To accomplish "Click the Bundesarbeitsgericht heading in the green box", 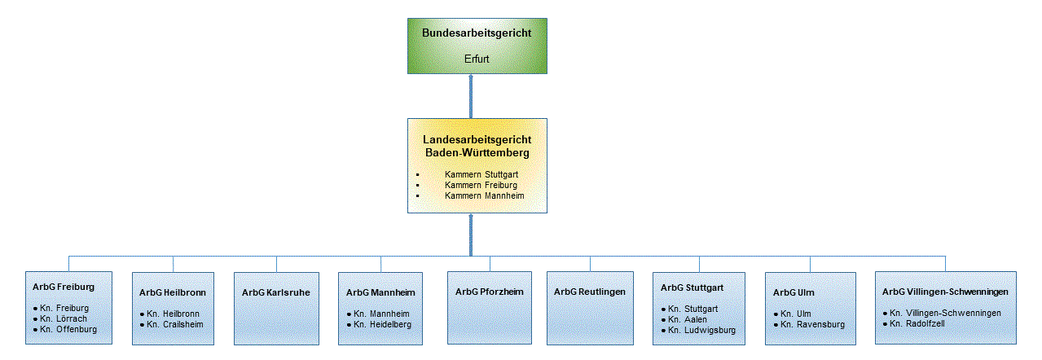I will point(477,33).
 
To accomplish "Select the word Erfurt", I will point(477,59).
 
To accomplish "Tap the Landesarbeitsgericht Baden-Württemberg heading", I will point(477,147).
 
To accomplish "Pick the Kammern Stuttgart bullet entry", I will point(481,174).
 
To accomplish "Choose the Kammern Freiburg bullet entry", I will point(481,185).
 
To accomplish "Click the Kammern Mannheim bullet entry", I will point(484,195).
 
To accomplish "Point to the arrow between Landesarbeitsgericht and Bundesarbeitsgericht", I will point(471,96).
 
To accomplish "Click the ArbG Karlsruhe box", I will point(276,307).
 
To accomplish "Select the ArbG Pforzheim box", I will point(489,307).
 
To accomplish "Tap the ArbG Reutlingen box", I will point(590,307).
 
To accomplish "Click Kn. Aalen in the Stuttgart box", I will point(689,319).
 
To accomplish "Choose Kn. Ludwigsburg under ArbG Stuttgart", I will point(701,330).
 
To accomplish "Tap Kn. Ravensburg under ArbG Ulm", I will point(812,324).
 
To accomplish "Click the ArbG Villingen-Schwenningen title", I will point(945,291).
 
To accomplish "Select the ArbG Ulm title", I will point(794,292).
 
